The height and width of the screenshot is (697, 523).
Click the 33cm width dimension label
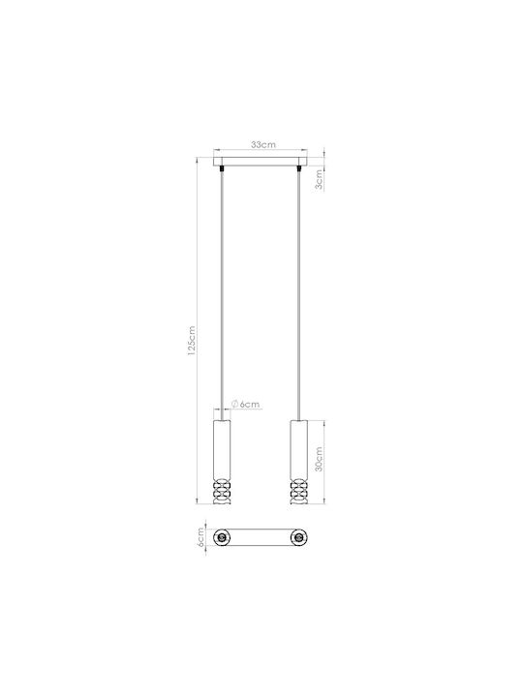click(x=263, y=144)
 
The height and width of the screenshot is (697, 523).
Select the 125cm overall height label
click(x=192, y=341)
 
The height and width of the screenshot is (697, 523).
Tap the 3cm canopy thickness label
click(x=319, y=179)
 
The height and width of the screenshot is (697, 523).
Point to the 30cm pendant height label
click(x=319, y=459)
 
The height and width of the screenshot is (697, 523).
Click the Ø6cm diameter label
click(x=245, y=404)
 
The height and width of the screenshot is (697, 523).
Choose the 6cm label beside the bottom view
click(x=200, y=537)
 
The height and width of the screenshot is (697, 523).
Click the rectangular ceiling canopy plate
click(x=261, y=162)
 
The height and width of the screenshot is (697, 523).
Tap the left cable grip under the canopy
click(x=222, y=168)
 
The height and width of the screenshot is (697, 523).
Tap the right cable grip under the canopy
click(x=299, y=168)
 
